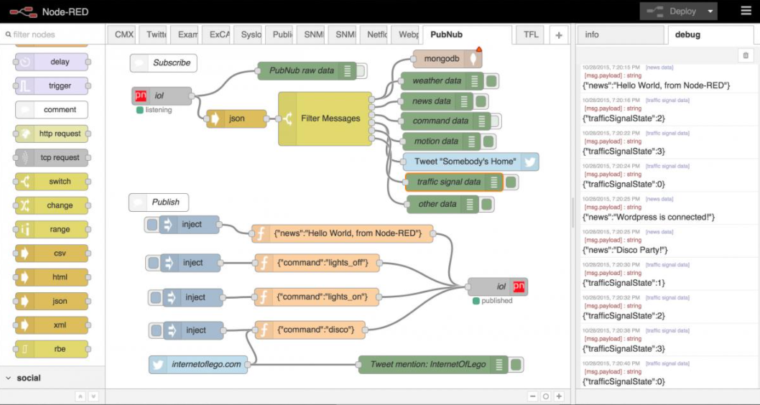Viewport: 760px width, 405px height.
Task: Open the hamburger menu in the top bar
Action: click(x=746, y=11)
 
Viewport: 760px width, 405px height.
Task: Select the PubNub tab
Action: click(x=446, y=34)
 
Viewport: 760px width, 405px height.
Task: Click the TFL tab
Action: click(x=531, y=34)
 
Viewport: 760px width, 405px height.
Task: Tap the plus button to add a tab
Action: click(x=558, y=34)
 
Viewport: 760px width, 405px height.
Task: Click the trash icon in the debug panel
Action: click(x=746, y=55)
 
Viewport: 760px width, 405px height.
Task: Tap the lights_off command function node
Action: click(x=318, y=263)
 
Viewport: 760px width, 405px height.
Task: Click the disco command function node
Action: click(x=310, y=330)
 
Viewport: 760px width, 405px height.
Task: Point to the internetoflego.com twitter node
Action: click(x=199, y=364)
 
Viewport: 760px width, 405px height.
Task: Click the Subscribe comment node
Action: click(x=164, y=62)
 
